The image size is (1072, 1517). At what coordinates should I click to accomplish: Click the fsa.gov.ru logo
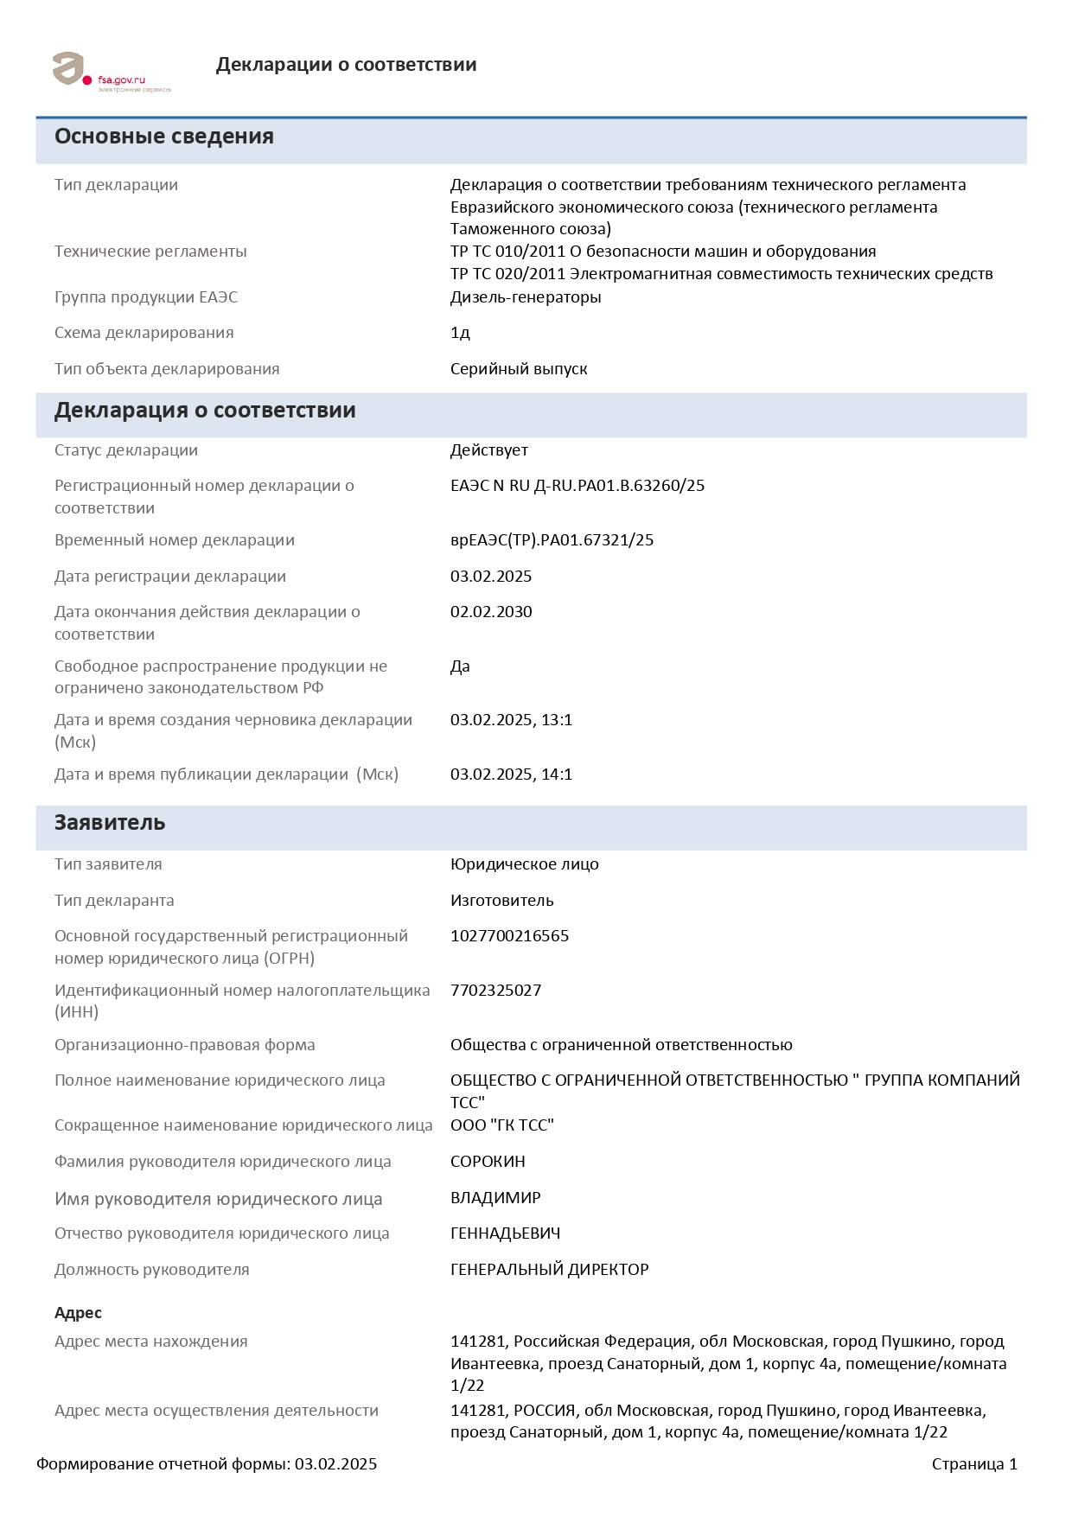111,72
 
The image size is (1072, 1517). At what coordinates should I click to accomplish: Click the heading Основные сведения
164,137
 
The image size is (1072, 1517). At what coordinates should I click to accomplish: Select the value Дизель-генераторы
526,297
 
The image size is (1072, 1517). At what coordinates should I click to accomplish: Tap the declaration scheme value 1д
460,333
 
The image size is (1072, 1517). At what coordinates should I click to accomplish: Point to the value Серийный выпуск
519,369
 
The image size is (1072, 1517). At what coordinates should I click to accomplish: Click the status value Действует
488,450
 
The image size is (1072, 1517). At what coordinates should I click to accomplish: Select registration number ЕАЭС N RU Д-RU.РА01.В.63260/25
577,486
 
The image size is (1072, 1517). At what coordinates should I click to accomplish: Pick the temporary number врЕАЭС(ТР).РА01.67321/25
552,540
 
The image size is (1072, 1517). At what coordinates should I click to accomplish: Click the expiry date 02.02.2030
491,612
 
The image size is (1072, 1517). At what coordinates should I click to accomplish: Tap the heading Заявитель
110,823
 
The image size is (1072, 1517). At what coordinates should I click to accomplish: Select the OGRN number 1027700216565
509,936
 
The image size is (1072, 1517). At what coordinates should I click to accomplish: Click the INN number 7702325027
495,991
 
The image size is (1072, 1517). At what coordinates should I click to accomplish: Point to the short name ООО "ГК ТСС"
501,1125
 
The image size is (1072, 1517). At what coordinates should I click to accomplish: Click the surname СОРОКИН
488,1162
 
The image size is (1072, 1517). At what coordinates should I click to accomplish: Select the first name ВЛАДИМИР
495,1198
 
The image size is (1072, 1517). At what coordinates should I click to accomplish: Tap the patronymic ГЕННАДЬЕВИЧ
505,1233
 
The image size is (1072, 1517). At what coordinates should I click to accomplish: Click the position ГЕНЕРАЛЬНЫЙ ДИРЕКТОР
549,1270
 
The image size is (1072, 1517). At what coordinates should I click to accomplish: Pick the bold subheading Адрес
78,1313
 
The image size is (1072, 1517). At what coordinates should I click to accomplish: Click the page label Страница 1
974,1464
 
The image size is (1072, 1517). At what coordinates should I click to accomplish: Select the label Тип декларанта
114,901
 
